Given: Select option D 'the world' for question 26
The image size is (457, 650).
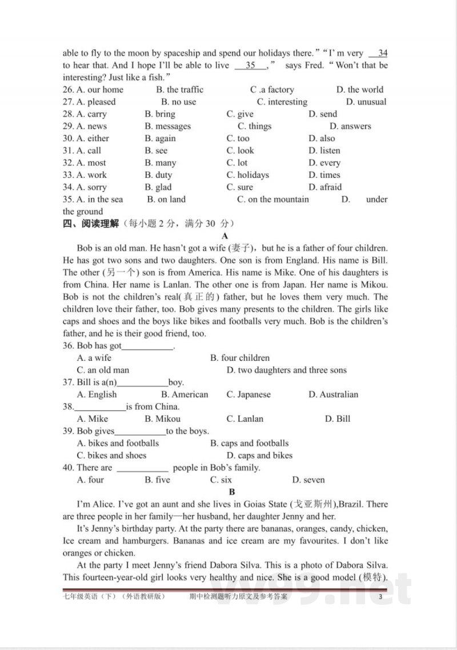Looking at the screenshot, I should coord(360,90).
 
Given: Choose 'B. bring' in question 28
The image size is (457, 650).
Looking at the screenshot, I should coord(160,114).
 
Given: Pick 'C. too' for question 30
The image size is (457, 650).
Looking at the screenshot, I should coord(238,138).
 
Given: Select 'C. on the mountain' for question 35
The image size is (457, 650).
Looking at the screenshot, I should coord(273,200).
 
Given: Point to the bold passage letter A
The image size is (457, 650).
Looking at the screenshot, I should coord(225,236).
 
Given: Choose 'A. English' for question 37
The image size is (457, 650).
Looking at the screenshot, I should coord(97,394).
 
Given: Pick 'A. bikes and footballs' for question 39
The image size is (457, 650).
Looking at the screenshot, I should coord(118,443).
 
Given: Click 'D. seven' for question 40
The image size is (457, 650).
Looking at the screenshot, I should coord(308,480).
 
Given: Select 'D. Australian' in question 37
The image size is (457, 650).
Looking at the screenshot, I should coord(334,394).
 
